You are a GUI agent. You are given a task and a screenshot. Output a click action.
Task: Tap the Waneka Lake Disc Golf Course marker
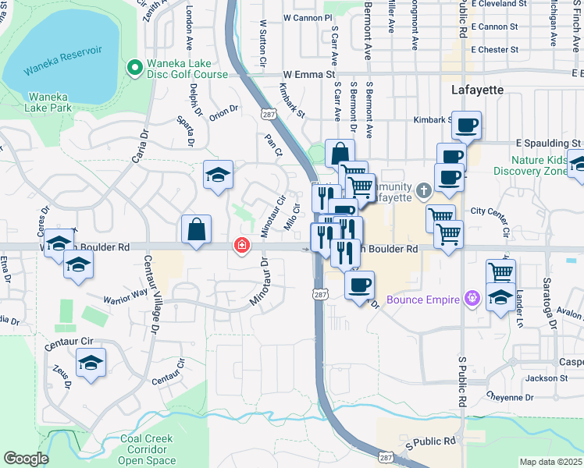coord(134,69)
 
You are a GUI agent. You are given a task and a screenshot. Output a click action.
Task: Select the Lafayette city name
coord(477,90)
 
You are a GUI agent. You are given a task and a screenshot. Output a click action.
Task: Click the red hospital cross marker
coord(242,246)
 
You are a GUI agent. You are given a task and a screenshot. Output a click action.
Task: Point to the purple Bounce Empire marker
coord(470,297)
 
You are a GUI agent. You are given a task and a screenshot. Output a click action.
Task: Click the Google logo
coord(26,459)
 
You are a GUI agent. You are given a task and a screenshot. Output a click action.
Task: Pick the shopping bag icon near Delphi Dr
coord(196,229)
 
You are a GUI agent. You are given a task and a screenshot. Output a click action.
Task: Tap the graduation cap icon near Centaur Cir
coord(91,362)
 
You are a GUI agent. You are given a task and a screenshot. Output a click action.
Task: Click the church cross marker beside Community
coord(423,190)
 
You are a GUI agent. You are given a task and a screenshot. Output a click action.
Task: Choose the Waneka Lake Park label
coord(49,102)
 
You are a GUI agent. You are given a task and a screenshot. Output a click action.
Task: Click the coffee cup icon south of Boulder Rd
coord(359,285)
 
